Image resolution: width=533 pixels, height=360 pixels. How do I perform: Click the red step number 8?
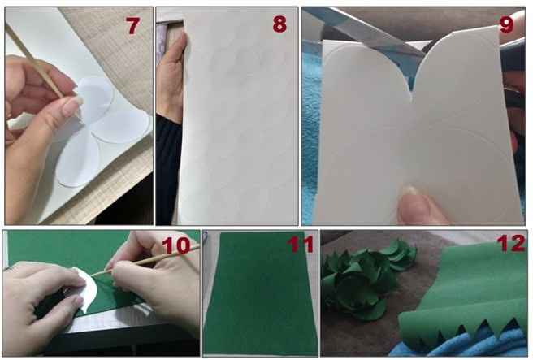coord(279,24)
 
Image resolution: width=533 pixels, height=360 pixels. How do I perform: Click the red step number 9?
coord(506,24)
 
